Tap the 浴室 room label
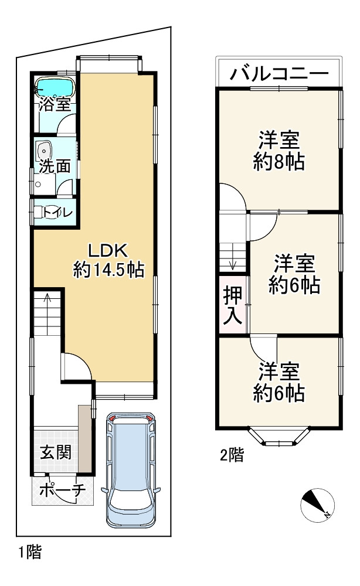pos(55,105)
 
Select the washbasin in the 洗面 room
pos(43,151)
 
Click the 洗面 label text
pos(55,166)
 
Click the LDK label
pos(108,250)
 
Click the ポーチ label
pos(62,491)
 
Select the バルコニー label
pos(279,74)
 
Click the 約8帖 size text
pos(279,162)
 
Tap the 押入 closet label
pos(233,306)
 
